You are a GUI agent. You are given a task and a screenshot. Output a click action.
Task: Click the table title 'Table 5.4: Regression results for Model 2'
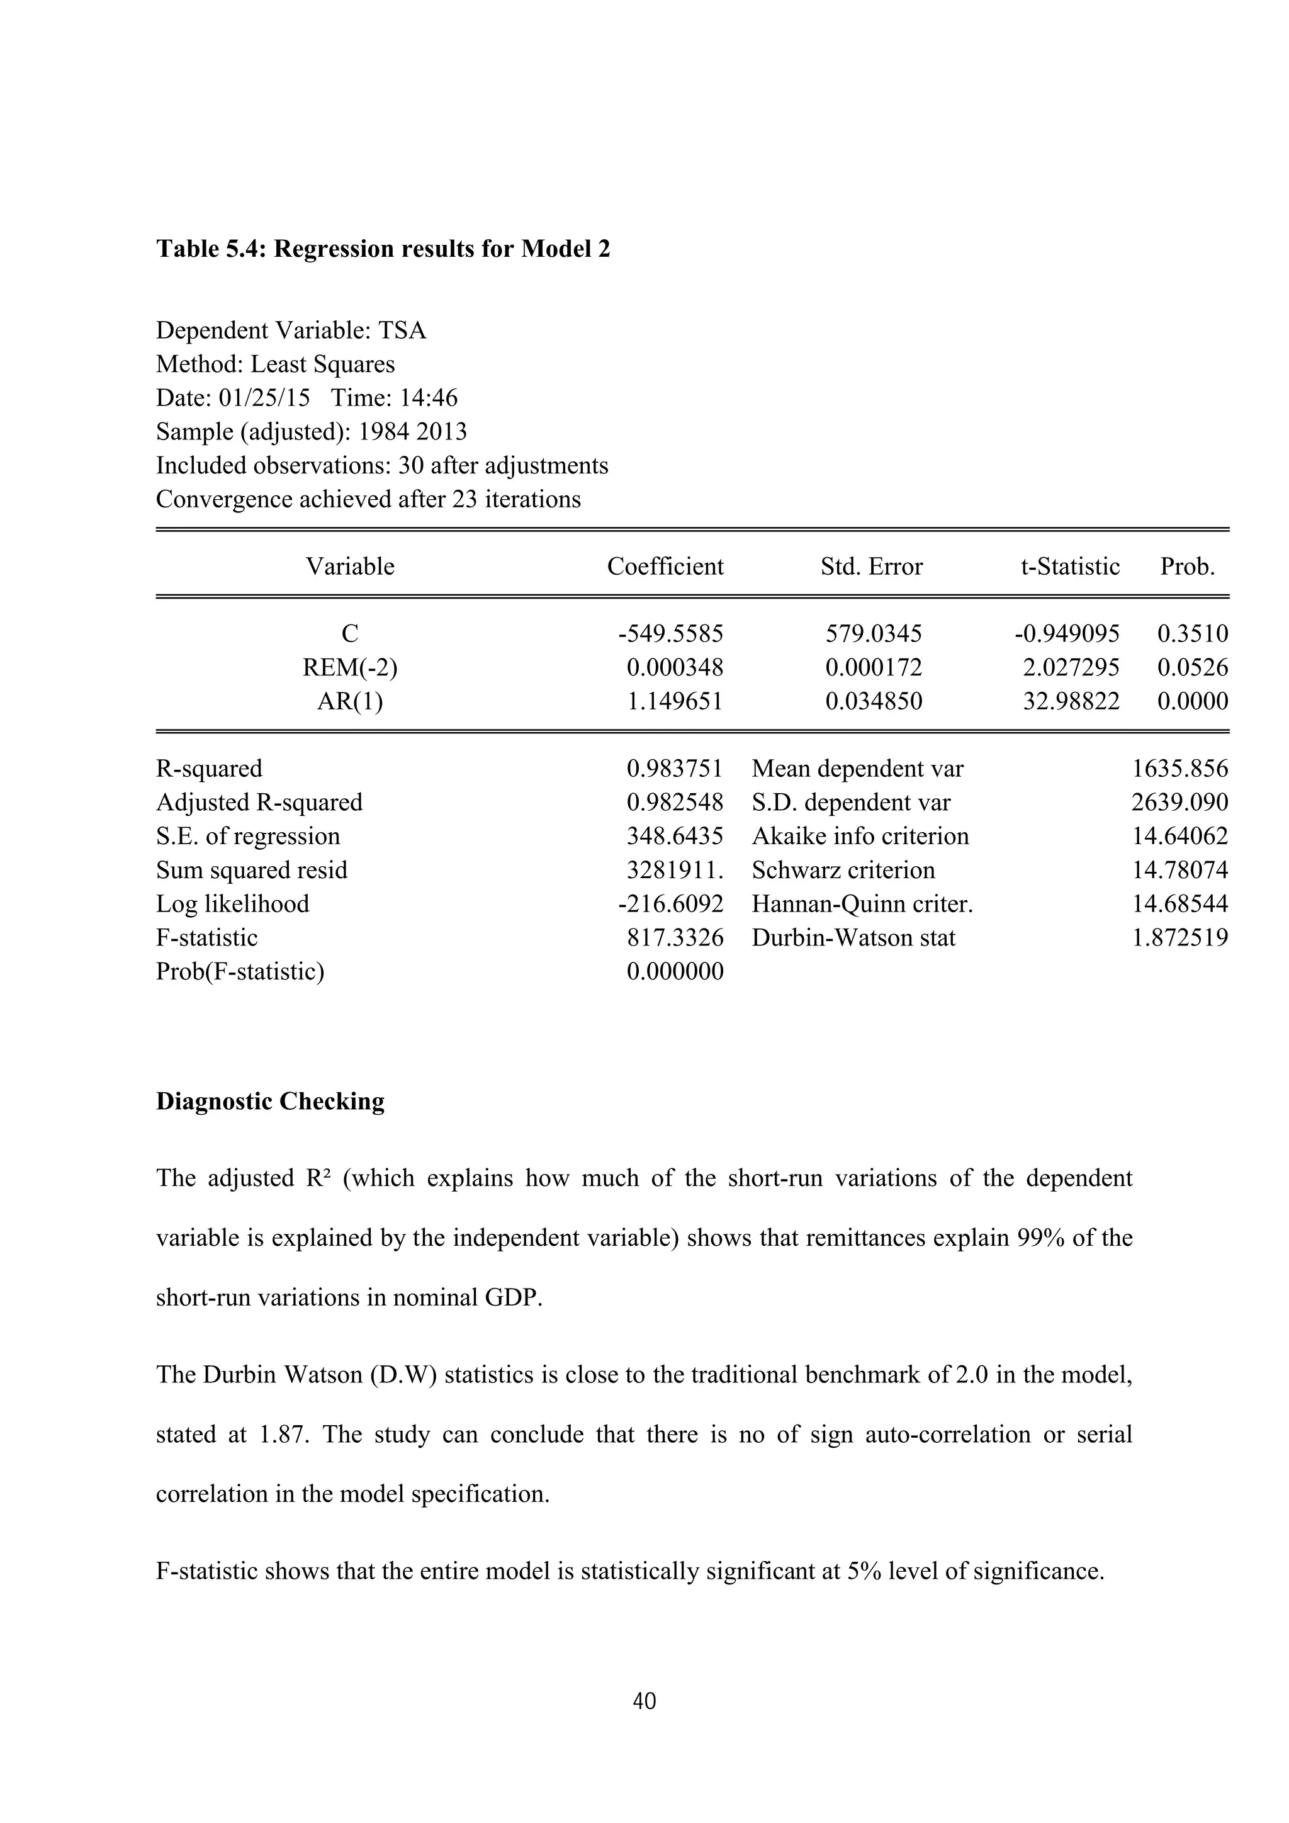click(x=383, y=249)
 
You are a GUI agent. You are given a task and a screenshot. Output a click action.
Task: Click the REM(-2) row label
click(x=350, y=668)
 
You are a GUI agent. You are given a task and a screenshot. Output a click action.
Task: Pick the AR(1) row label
click(x=350, y=701)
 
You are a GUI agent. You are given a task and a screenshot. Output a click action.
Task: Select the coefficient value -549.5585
click(x=671, y=634)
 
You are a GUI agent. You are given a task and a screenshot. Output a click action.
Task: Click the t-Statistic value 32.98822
click(x=1071, y=701)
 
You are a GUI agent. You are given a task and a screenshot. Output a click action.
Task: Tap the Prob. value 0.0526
click(x=1192, y=668)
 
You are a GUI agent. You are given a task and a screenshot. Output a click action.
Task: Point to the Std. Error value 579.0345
click(x=874, y=634)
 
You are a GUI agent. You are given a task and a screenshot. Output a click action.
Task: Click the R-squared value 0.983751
click(x=675, y=769)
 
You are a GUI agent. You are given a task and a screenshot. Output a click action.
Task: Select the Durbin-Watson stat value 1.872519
click(x=1179, y=938)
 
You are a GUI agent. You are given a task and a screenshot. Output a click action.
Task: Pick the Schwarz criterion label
click(x=843, y=870)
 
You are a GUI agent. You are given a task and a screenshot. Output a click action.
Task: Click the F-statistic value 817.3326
click(x=675, y=938)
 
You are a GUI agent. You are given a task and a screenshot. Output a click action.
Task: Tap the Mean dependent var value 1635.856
click(x=1179, y=769)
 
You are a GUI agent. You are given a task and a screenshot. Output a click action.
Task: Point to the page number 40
click(x=644, y=1702)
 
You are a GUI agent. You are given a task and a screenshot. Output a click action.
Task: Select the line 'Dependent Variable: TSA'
click(x=291, y=330)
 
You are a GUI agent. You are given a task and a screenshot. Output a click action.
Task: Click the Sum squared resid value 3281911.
click(x=675, y=870)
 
